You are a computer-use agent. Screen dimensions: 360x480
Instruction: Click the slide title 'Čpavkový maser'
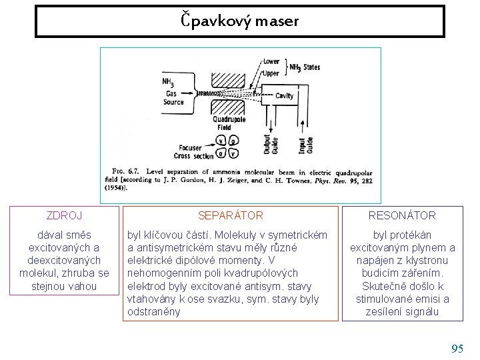(240, 21)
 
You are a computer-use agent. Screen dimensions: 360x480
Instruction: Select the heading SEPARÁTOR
(231, 215)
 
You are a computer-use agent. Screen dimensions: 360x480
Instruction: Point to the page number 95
(457, 349)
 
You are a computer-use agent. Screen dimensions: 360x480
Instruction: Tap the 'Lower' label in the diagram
(271, 61)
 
